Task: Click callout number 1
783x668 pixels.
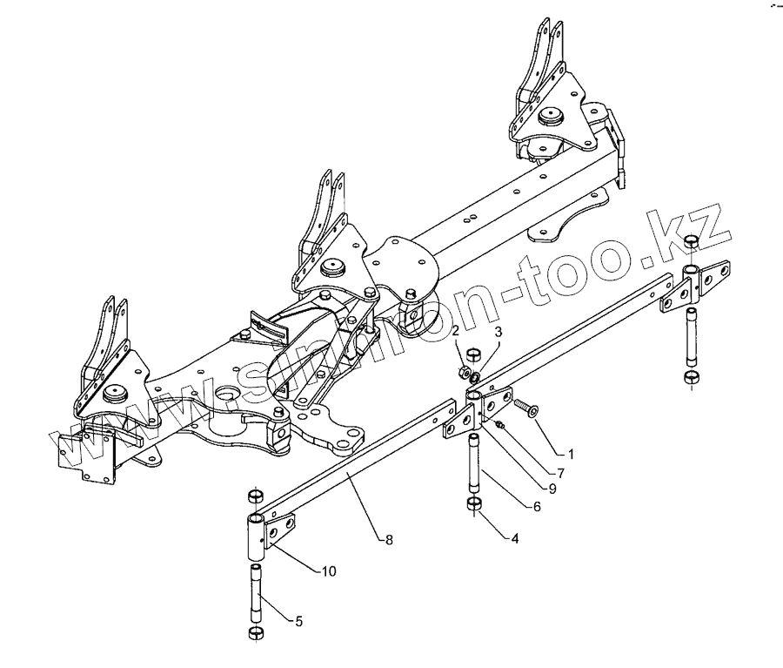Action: coord(571,454)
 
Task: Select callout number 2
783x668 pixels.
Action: coord(455,332)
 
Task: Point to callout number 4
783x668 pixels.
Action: coord(515,538)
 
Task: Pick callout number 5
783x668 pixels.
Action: coord(298,622)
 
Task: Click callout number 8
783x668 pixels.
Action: coord(389,540)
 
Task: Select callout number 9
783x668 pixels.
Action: coord(552,489)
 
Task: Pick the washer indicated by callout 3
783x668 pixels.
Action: coord(473,376)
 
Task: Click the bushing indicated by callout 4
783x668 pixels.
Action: coord(476,506)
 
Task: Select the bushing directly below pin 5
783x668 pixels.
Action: coord(258,631)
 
